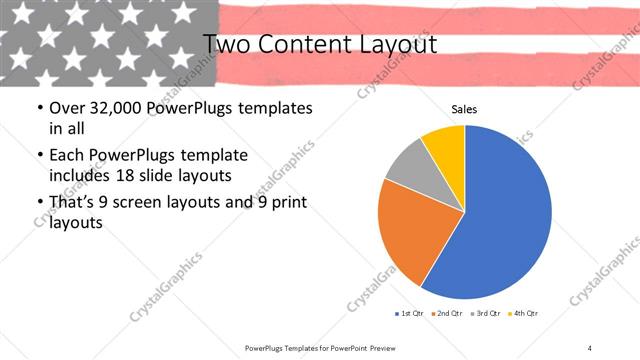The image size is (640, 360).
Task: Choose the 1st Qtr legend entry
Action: pos(409,314)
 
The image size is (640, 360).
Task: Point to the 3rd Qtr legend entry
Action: pos(488,314)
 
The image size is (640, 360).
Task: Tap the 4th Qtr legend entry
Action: pos(525,314)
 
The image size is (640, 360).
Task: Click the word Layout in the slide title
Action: pos(392,44)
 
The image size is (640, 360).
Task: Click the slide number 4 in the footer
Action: pos(590,347)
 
